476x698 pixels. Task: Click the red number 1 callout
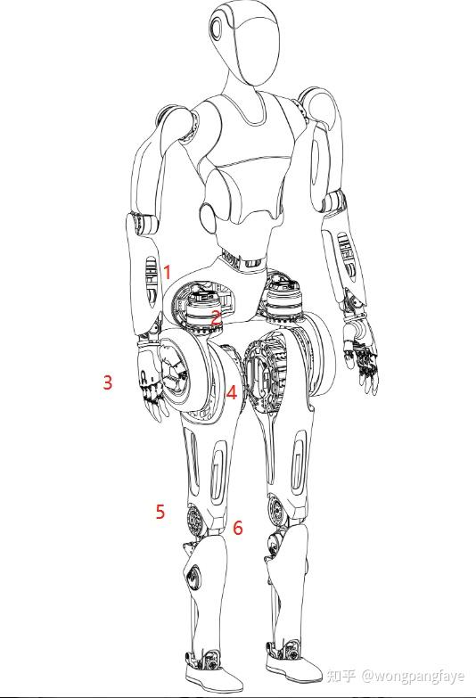[x=168, y=272]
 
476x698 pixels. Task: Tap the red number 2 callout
[x=216, y=318]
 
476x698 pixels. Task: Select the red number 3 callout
[x=108, y=382]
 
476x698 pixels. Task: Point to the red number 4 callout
[x=232, y=392]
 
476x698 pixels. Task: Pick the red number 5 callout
[x=160, y=512]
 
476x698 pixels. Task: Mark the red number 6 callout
[x=238, y=528]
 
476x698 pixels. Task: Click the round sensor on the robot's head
[x=217, y=28]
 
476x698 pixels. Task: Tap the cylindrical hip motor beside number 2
[x=204, y=314]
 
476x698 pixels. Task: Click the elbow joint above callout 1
[x=144, y=224]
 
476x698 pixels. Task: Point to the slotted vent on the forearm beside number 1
[x=152, y=282]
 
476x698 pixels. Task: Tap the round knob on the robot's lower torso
[x=208, y=216]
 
